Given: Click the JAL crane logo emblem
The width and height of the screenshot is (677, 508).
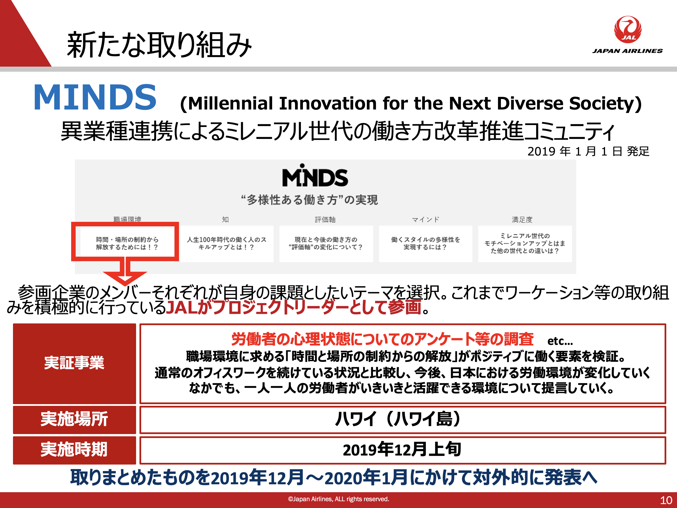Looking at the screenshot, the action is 628,29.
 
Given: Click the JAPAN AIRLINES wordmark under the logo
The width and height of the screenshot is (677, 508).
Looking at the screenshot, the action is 627,51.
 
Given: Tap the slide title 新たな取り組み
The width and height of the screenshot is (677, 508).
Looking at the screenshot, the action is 159,45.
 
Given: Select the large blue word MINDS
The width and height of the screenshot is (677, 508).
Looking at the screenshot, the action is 95,97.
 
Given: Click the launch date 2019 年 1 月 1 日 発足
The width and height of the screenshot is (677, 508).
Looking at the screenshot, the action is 588,151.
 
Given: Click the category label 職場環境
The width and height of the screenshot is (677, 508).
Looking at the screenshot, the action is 127,219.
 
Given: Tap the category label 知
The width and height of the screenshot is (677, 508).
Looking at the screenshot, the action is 225,219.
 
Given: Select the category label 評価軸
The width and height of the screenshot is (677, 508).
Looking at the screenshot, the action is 325,219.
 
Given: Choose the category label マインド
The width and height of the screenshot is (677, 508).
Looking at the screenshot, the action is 425,219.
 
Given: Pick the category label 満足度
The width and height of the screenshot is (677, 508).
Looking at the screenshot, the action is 522,219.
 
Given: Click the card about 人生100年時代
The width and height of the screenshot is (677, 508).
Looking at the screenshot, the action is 226,244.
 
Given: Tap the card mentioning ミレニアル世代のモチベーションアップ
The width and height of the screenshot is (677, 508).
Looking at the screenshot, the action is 525,244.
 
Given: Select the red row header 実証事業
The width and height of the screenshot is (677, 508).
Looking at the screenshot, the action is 74,364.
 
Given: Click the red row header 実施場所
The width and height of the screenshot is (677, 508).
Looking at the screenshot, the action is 74,420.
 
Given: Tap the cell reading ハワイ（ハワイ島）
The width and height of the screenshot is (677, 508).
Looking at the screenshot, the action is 403,420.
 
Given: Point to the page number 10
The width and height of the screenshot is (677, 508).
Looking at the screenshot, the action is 666,500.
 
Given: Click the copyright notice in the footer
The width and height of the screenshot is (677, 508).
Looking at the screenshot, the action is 338,499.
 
